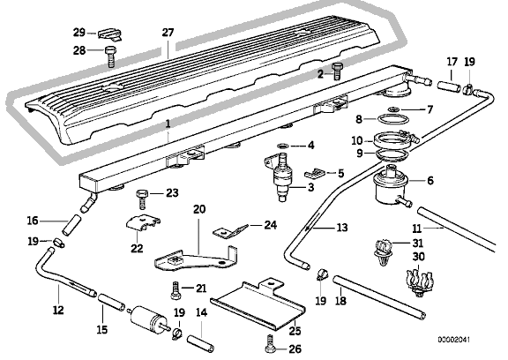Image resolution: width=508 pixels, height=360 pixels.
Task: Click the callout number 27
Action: [x=168, y=33]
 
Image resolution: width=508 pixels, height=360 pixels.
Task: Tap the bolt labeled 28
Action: [x=110, y=56]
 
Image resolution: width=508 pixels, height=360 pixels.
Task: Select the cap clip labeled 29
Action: [x=110, y=34]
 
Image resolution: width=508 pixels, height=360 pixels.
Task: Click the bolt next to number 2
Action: [x=336, y=71]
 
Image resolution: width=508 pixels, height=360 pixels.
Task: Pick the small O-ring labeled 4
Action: [x=283, y=145]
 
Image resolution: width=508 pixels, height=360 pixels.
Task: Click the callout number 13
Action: [x=342, y=228]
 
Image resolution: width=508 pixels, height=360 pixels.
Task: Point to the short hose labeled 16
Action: [x=72, y=224]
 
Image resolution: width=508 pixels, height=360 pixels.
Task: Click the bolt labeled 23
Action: [x=142, y=199]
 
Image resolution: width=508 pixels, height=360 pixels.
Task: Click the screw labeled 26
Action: [x=270, y=344]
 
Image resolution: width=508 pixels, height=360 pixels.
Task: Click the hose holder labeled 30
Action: [x=419, y=281]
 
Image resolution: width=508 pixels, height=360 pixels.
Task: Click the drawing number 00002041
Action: [x=453, y=340]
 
